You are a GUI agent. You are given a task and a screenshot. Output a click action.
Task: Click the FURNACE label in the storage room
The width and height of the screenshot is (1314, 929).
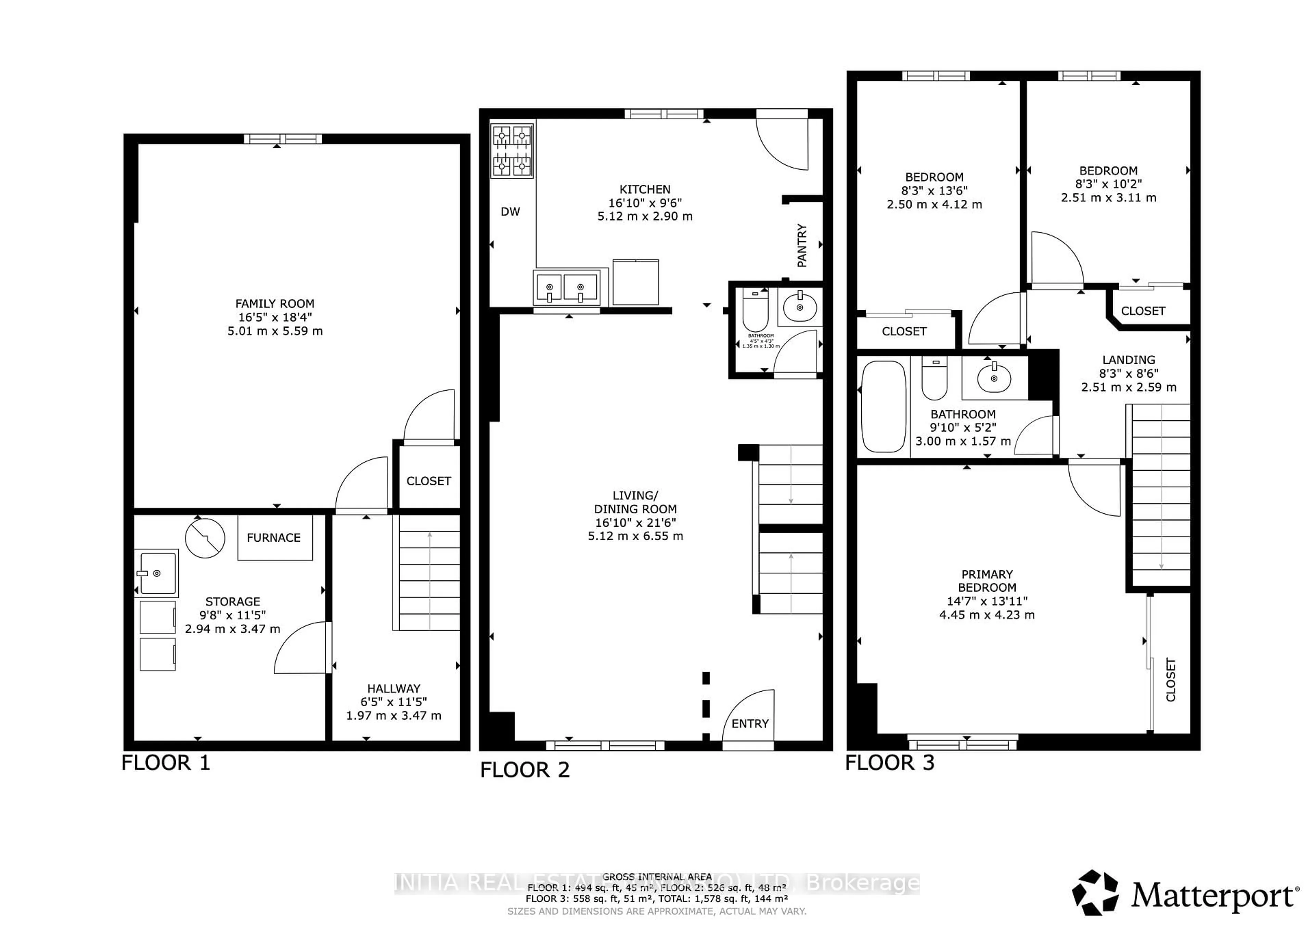[273, 538]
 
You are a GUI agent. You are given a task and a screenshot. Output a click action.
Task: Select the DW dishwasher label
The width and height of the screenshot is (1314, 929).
[510, 212]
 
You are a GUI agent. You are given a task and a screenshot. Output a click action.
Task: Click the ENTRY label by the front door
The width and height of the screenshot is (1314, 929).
[750, 724]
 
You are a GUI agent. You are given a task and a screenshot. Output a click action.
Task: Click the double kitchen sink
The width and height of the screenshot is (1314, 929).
[565, 288]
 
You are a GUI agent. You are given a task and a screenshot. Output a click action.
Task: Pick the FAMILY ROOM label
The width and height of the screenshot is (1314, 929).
[275, 304]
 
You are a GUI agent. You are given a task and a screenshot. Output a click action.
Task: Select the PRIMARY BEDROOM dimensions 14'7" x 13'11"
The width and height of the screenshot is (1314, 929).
[987, 601]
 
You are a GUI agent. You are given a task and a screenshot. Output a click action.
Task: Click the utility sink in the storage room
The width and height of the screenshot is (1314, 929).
[157, 573]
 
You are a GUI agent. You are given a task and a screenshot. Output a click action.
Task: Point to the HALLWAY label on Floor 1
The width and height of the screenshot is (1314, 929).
[394, 689]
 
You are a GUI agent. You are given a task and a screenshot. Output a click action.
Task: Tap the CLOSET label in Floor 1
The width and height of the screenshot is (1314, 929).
[429, 481]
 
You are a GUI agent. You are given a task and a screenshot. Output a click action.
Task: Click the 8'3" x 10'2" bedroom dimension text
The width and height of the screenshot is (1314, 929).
[1108, 184]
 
